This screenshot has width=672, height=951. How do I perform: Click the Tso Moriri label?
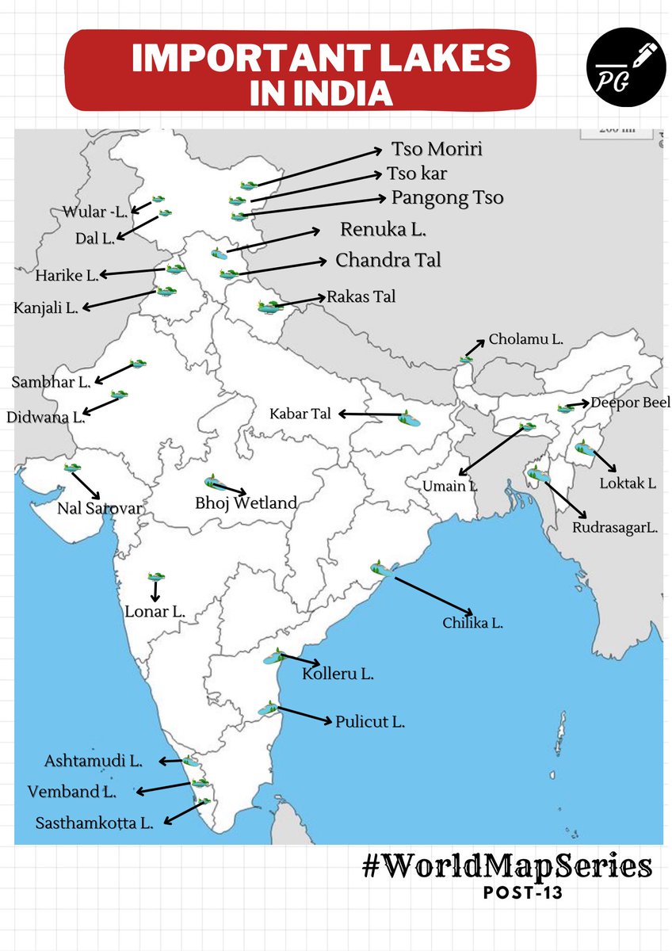(x=437, y=149)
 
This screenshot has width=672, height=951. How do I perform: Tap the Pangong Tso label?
(x=448, y=197)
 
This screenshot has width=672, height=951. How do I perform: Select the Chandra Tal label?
(x=388, y=260)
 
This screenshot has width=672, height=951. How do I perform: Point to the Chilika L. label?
(x=472, y=624)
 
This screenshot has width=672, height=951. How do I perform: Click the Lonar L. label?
(x=155, y=612)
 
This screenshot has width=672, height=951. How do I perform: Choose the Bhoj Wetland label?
(x=246, y=502)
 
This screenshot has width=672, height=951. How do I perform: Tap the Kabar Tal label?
(x=302, y=414)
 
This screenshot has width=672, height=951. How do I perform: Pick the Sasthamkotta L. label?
(x=94, y=823)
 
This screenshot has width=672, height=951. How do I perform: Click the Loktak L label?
(x=628, y=483)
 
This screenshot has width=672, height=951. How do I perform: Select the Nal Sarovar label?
(x=99, y=508)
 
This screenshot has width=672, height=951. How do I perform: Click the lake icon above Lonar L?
(x=156, y=578)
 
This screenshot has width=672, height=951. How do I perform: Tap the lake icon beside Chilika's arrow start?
(x=380, y=568)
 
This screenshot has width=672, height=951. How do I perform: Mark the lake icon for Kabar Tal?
(x=409, y=418)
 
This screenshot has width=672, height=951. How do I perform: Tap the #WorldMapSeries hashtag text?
(x=507, y=865)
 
